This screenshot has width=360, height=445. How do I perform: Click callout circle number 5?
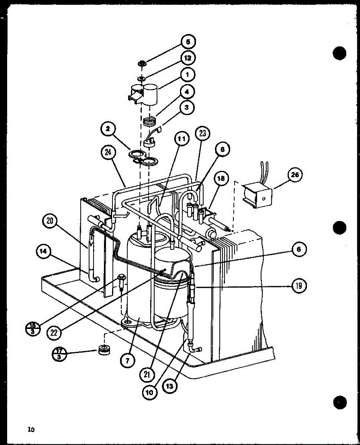[x=188, y=42]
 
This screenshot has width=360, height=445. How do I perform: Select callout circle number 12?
[x=188, y=58]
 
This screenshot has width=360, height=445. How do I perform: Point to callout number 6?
[x=299, y=250]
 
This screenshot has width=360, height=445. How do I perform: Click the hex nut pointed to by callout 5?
[x=142, y=64]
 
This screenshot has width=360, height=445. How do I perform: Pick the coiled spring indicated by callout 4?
[x=150, y=121]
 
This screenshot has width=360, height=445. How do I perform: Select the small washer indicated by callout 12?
[x=141, y=79]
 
